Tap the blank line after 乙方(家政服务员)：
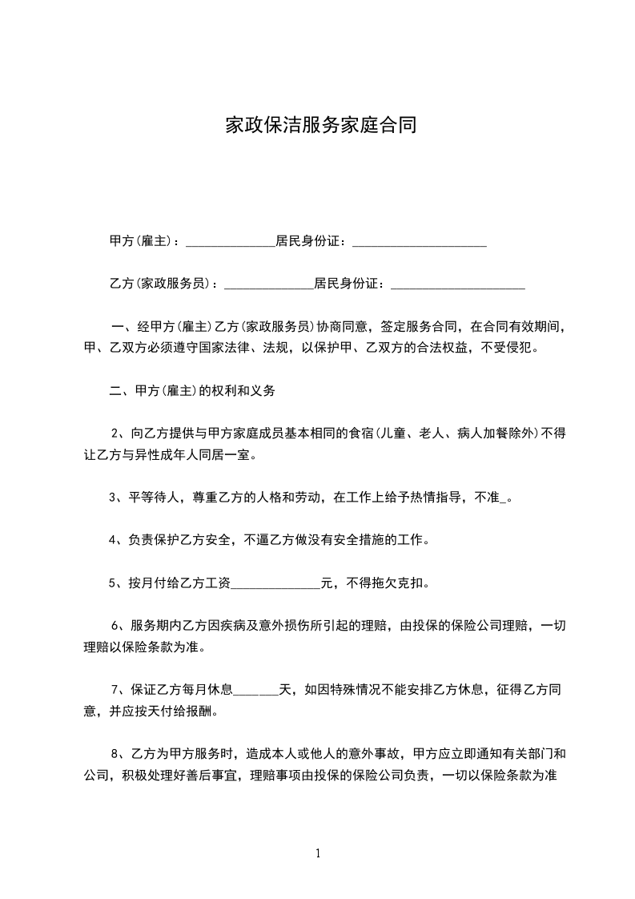[268, 284]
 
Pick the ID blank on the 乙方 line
[457, 284]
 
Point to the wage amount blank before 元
[275, 583]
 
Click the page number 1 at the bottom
[318, 853]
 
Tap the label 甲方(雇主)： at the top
[144, 241]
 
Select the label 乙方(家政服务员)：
[163, 284]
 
